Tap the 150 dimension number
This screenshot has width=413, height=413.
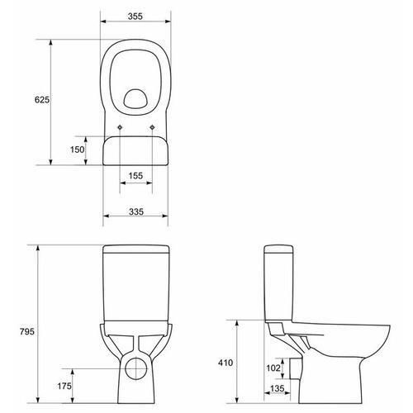(78, 150)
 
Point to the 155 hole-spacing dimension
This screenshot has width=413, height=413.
(137, 176)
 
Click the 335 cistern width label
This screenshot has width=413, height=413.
(137, 212)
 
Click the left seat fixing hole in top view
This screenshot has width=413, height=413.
(121, 126)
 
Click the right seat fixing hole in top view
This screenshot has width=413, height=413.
(154, 126)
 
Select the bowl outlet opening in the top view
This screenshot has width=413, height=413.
(137, 100)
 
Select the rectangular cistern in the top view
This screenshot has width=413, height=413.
(137, 150)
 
